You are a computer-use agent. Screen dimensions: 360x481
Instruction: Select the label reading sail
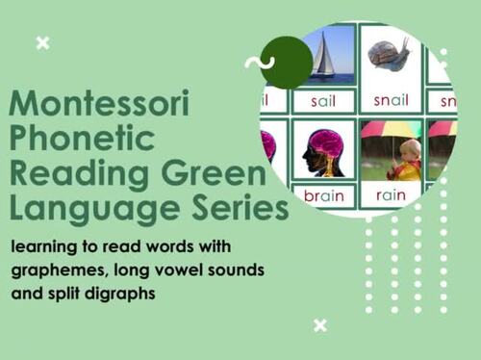[323, 99]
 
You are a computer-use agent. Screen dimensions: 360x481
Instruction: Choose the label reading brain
[323, 195]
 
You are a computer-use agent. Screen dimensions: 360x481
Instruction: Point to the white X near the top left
[41, 42]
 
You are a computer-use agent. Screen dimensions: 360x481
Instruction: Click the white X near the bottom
[320, 325]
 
